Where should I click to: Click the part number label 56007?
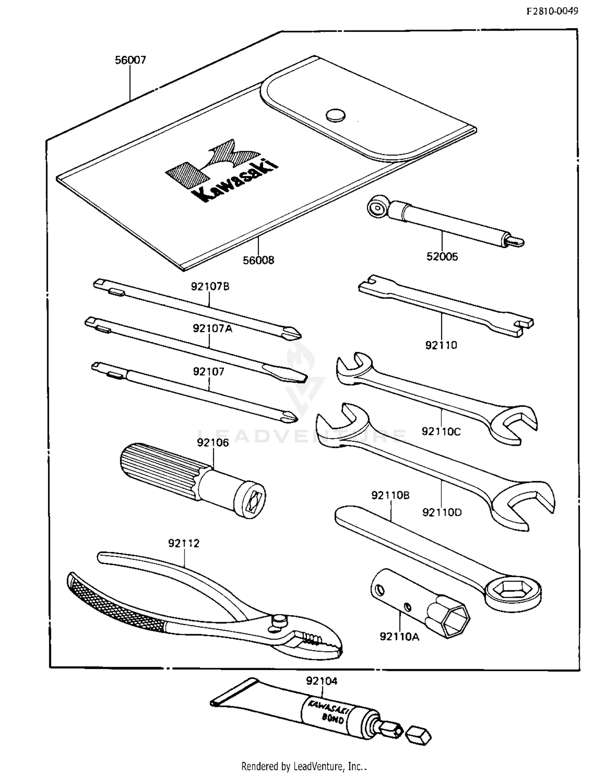click(x=130, y=60)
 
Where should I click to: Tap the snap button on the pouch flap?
click(x=336, y=115)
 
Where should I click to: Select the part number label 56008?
click(x=258, y=260)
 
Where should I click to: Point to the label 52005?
click(x=442, y=257)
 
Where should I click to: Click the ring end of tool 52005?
click(x=378, y=208)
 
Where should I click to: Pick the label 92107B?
click(x=210, y=286)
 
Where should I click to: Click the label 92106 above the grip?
click(x=213, y=443)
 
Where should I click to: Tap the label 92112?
click(x=184, y=543)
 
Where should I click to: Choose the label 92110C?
click(x=441, y=432)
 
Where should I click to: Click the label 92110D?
click(x=442, y=512)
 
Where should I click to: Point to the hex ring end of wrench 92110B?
click(x=512, y=591)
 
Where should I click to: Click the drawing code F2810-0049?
click(x=552, y=11)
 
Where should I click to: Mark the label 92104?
click(x=321, y=681)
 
